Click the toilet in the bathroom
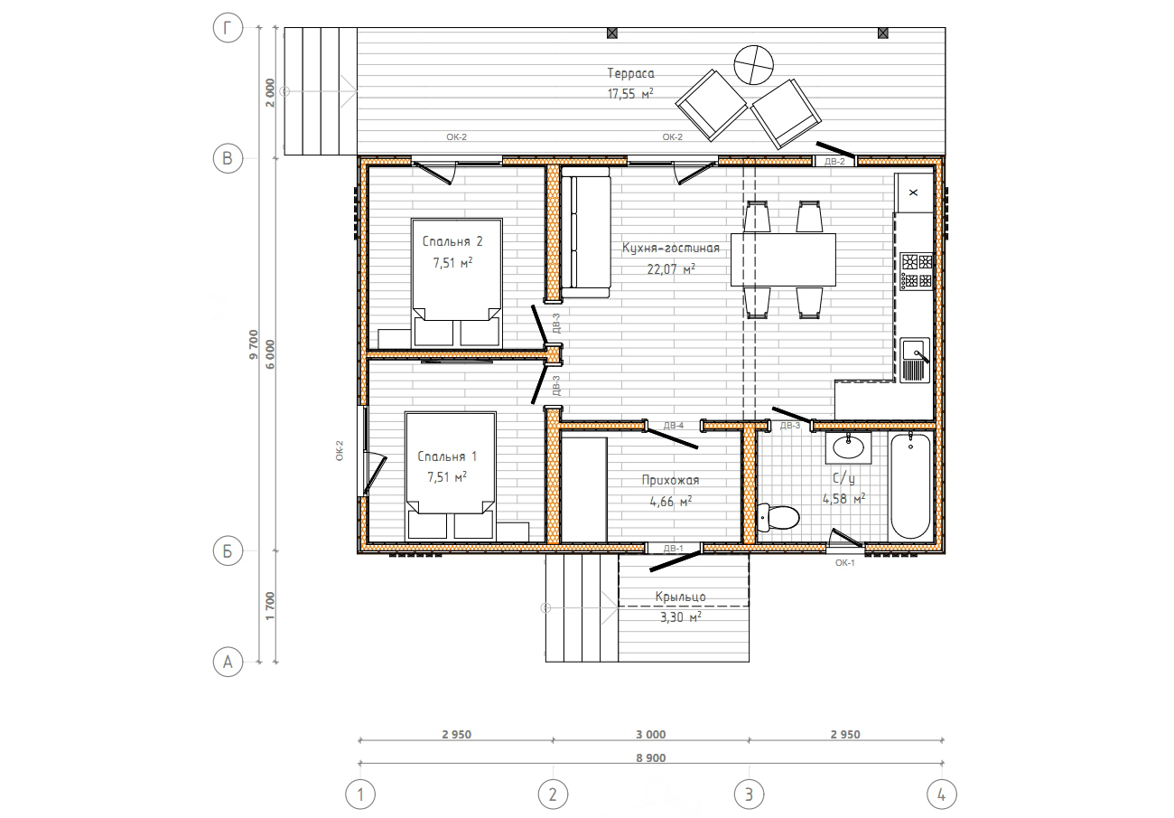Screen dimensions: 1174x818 click(x=778, y=517)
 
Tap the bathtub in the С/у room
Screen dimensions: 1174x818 click(x=910, y=486)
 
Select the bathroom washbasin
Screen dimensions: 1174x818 click(x=849, y=447)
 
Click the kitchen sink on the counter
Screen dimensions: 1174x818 click(x=915, y=360)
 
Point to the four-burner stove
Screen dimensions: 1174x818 click(x=917, y=271)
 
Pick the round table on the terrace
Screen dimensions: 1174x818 click(x=754, y=65)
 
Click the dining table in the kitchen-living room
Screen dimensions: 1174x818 click(x=783, y=259)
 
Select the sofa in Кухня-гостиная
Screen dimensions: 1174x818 click(x=586, y=232)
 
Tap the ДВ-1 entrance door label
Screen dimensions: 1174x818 click(x=674, y=549)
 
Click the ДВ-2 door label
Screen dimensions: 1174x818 click(x=835, y=162)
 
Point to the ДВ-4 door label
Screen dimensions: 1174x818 click(x=674, y=426)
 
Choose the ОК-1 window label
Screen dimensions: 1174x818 click(x=845, y=563)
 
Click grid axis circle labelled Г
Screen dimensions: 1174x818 click(x=228, y=27)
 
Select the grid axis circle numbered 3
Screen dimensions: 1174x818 click(x=749, y=794)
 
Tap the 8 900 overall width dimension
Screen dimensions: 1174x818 click(x=651, y=757)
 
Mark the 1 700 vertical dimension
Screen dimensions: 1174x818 click(x=270, y=606)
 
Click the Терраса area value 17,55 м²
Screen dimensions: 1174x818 click(x=630, y=94)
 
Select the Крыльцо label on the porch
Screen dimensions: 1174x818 click(x=680, y=597)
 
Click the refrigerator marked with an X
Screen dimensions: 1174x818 click(x=914, y=193)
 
